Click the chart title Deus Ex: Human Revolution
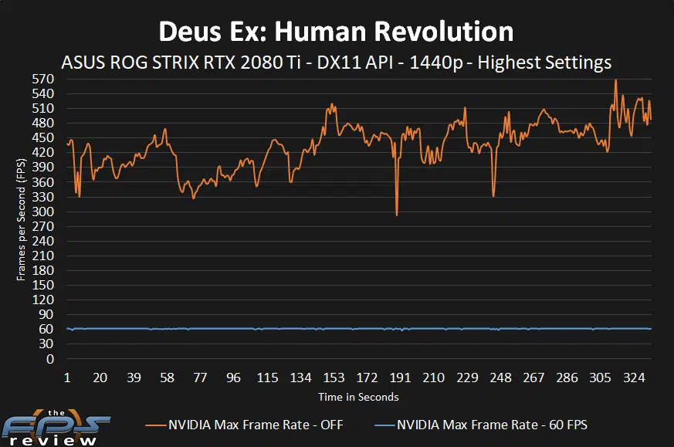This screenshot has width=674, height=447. pyautogui.click(x=336, y=31)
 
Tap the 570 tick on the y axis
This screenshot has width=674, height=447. pyautogui.click(x=43, y=79)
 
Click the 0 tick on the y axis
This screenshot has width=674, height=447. pyautogui.click(x=49, y=359)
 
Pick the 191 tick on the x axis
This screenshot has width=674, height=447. pyautogui.click(x=400, y=378)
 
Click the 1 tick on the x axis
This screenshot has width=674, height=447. pyautogui.click(x=67, y=378)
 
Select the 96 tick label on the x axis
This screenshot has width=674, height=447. pyautogui.click(x=234, y=378)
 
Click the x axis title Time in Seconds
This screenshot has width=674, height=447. pyautogui.click(x=358, y=397)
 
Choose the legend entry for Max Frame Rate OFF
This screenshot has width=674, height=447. pyautogui.click(x=246, y=425)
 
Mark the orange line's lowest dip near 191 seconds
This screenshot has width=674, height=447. pyautogui.click(x=397, y=215)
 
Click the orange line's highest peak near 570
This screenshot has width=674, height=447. pyautogui.click(x=615, y=80)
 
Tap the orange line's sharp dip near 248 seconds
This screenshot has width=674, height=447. pyautogui.click(x=493, y=196)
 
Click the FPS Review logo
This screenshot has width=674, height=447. pyautogui.click(x=56, y=428)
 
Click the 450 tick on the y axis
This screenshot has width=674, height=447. pyautogui.click(x=43, y=137)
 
